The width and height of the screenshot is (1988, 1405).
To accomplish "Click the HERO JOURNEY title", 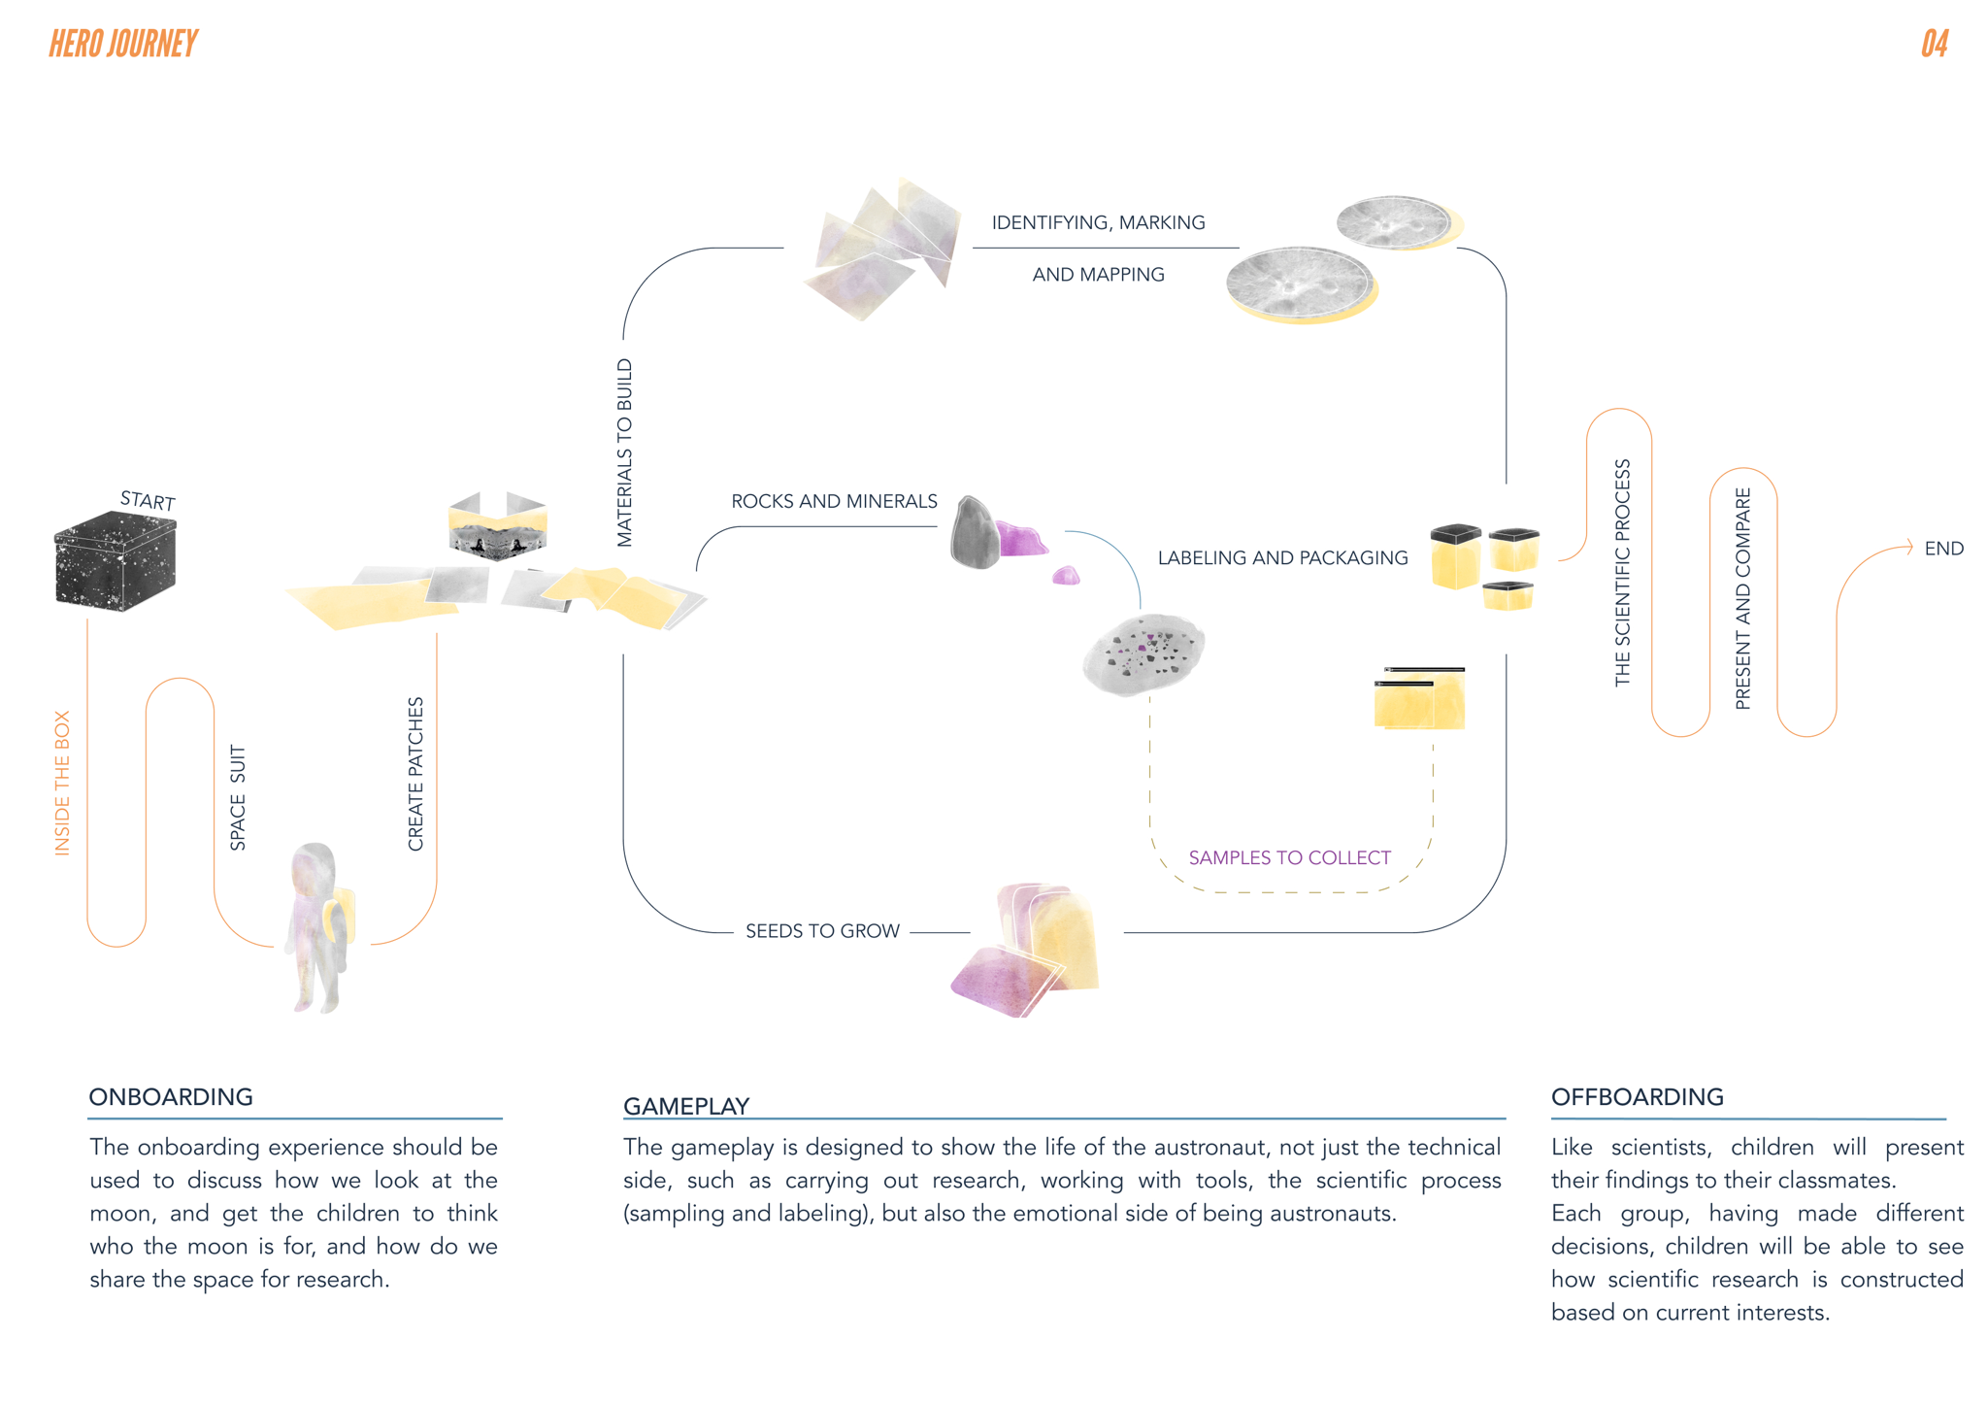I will point(123,44).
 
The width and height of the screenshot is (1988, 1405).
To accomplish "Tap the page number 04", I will point(1934,44).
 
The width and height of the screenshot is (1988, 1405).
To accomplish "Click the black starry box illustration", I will point(115,561).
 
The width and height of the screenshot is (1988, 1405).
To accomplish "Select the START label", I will point(148,500).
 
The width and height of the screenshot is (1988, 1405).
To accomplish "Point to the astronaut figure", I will point(318,927).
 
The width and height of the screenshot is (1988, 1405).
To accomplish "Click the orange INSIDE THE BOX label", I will point(62,783).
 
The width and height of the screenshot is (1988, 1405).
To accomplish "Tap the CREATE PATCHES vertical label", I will point(416,774).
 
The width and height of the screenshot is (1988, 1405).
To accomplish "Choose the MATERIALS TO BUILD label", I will point(625,452).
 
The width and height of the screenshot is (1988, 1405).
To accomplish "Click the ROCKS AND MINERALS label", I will point(834,501).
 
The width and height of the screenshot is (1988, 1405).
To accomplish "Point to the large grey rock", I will point(974,533).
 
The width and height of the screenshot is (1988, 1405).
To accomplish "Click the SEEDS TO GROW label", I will point(822,931).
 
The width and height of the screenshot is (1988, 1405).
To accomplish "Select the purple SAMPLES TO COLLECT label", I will point(1289,857).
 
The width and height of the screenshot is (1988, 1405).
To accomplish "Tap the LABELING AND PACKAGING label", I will point(1282,558).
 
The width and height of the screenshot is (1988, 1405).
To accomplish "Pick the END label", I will point(1943,549).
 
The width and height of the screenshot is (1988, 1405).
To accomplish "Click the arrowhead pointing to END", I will point(1908,547).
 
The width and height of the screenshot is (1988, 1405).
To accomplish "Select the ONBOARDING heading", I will point(171,1097).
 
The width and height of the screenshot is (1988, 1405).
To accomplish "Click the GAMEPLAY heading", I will point(686,1106).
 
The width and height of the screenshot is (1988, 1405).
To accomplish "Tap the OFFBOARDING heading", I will point(1637,1097).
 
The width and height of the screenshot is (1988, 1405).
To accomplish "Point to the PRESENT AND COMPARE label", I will point(1743,598).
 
